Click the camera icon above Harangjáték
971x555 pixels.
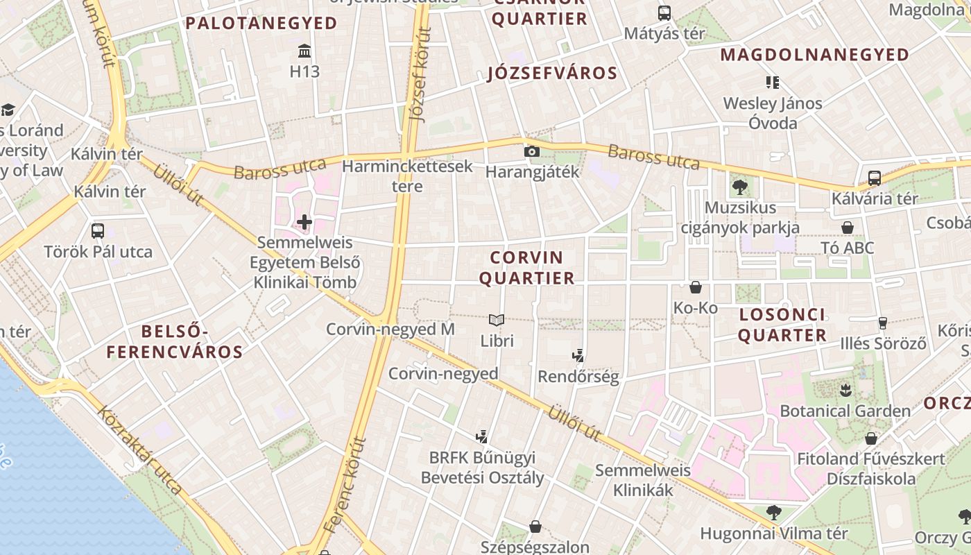pyautogui.click(x=532, y=151)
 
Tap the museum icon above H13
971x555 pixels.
pyautogui.click(x=304, y=51)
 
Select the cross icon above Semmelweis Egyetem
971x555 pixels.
pyautogui.click(x=304, y=222)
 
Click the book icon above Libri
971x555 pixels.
pyautogui.click(x=497, y=320)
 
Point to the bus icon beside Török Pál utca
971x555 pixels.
pyautogui.click(x=98, y=230)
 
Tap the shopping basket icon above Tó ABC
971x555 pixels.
pyautogui.click(x=847, y=228)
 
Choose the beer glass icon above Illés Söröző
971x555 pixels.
pyautogui.click(x=882, y=323)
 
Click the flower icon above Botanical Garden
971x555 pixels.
pyautogui.click(x=845, y=390)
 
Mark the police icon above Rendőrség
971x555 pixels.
pyautogui.click(x=578, y=356)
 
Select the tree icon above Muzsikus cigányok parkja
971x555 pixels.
pyautogui.click(x=739, y=187)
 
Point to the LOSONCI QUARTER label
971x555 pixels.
pyautogui.click(x=782, y=325)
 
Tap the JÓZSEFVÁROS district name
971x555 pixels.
pyautogui.click(x=552, y=74)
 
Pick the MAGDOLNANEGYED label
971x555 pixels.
pyautogui.click(x=815, y=55)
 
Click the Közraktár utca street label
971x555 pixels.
pyautogui.click(x=139, y=450)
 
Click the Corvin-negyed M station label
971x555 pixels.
pyautogui.click(x=390, y=329)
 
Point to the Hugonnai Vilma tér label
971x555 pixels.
pyautogui.click(x=774, y=533)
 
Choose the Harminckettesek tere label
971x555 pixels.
pyautogui.click(x=407, y=176)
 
